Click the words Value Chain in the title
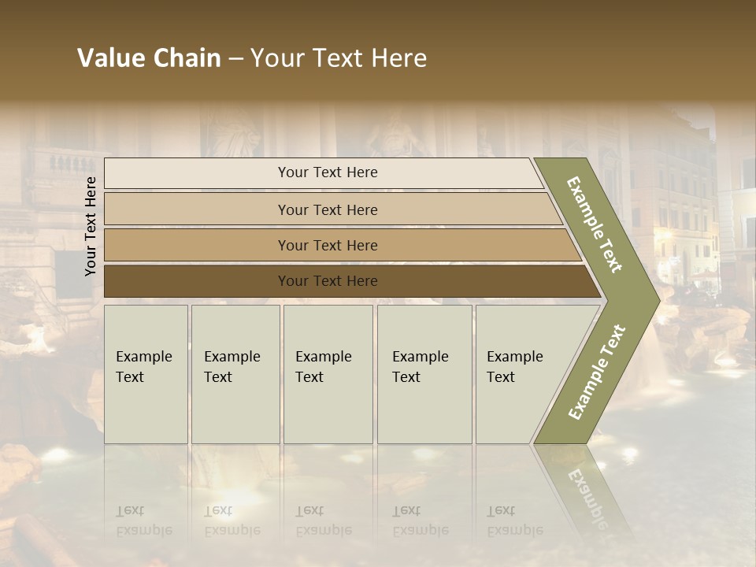(149, 58)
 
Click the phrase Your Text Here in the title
(339, 58)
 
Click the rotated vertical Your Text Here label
(91, 226)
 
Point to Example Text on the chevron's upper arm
(595, 224)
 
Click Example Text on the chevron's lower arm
(597, 372)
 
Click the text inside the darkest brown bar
(328, 281)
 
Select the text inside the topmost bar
(328, 172)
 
